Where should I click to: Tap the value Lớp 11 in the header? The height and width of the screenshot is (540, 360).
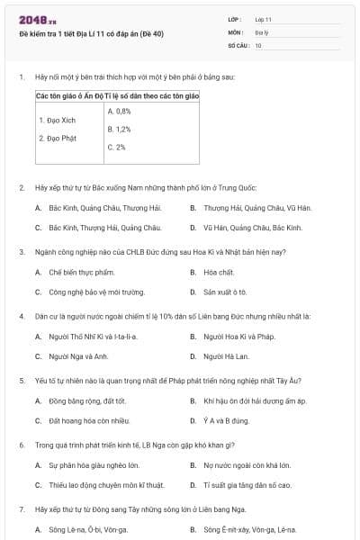263,19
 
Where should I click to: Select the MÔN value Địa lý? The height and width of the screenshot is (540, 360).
261,31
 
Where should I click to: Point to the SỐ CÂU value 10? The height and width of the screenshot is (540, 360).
258,44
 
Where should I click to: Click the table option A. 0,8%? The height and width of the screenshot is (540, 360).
119,111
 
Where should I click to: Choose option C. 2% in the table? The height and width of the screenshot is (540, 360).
116,147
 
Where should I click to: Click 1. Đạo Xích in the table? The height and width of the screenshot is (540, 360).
55,120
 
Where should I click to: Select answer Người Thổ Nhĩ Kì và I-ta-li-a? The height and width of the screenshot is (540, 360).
93,337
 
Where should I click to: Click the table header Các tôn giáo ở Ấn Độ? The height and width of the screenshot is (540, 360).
69,94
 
